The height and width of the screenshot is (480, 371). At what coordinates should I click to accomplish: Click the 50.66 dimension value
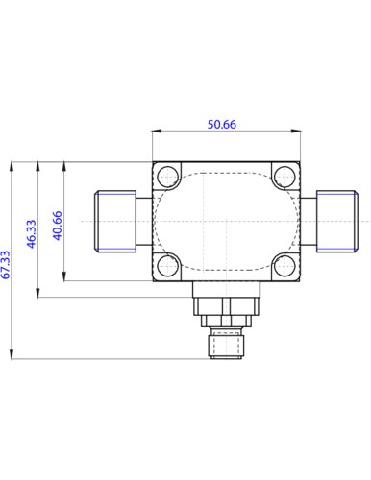(222, 124)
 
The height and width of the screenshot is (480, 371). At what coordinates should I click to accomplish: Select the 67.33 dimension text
(6, 265)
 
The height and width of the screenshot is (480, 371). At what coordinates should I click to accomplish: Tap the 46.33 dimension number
(31, 233)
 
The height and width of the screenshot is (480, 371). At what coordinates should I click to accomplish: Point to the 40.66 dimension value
(57, 226)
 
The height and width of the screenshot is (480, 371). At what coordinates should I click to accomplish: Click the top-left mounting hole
(168, 177)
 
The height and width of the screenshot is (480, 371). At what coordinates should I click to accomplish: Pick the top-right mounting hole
(284, 177)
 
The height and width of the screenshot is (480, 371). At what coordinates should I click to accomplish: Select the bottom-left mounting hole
(168, 266)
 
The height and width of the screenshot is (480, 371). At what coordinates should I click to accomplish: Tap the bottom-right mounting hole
(284, 266)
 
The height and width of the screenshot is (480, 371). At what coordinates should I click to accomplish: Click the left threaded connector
(115, 221)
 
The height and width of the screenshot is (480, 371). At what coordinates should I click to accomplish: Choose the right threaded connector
(337, 221)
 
